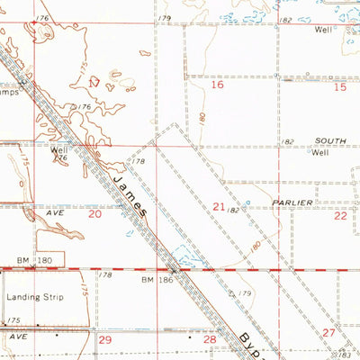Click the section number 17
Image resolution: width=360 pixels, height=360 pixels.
[x=94, y=82]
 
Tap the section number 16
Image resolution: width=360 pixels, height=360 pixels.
[x=217, y=85]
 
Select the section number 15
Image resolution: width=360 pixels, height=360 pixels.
[x=339, y=87]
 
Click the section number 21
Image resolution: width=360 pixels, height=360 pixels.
[x=219, y=207]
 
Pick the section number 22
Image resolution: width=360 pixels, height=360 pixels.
[x=340, y=216]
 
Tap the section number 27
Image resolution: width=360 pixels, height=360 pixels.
[x=329, y=333]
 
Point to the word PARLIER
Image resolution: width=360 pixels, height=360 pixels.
[x=294, y=202]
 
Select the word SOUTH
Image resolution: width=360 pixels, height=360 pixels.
[x=329, y=141]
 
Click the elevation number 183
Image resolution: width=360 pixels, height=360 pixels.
[x=352, y=355]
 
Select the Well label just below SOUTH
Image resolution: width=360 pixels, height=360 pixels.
[x=319, y=152]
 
